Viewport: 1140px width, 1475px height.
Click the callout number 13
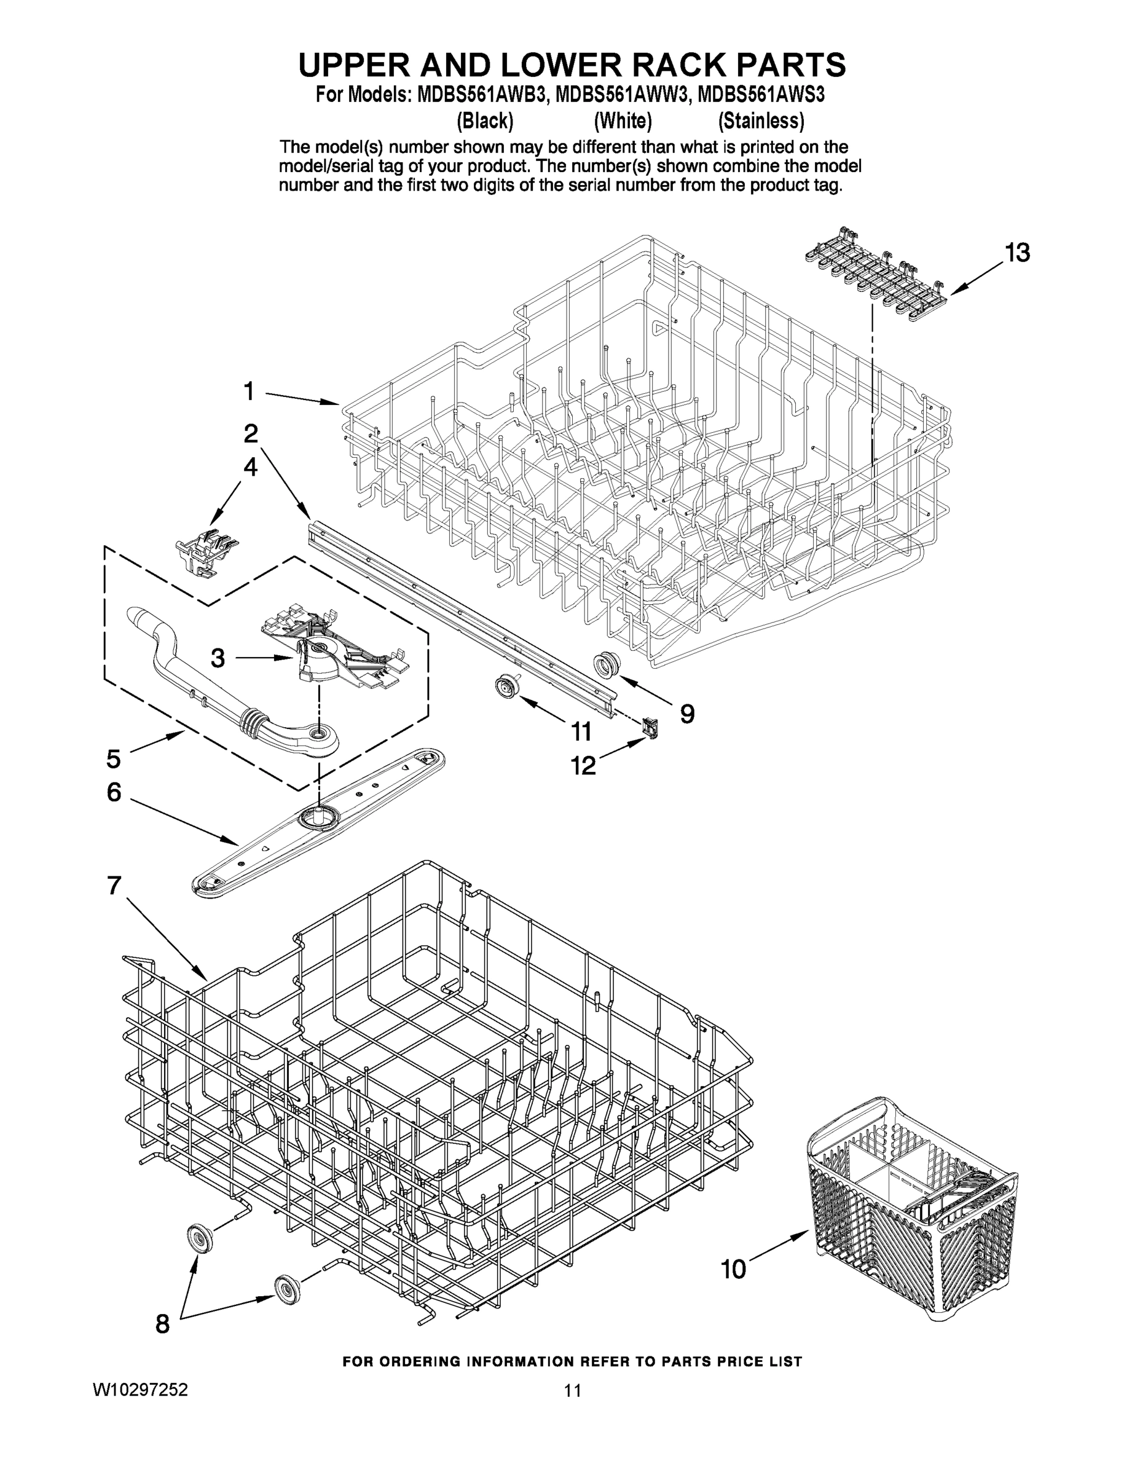tap(1017, 253)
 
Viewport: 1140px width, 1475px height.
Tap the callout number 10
tap(733, 1269)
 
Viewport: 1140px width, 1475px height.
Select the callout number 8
tap(162, 1324)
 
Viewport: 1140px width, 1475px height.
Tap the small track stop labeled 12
tap(650, 728)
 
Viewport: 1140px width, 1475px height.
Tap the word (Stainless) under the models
tap(760, 122)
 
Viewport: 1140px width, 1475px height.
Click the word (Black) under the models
tap(485, 122)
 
